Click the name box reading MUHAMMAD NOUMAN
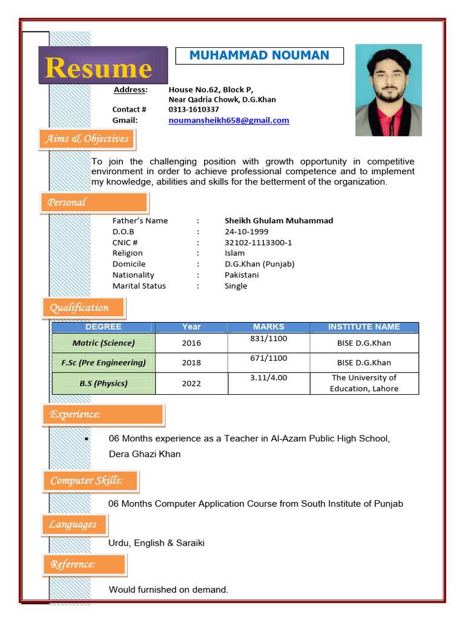coord(259,56)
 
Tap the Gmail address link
coord(228,120)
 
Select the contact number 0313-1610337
coord(194,109)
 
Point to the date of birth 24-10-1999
coord(246,232)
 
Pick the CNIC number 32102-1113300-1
coord(259,243)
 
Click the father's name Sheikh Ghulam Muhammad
coord(279,221)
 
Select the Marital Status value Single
coord(236,286)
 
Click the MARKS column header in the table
coord(268,327)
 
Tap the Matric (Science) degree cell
coord(104,343)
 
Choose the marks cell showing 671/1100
coord(268,358)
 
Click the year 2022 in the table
coord(191,383)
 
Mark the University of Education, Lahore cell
coord(364,383)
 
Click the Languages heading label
coord(74,525)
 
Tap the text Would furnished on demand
coord(168,589)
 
